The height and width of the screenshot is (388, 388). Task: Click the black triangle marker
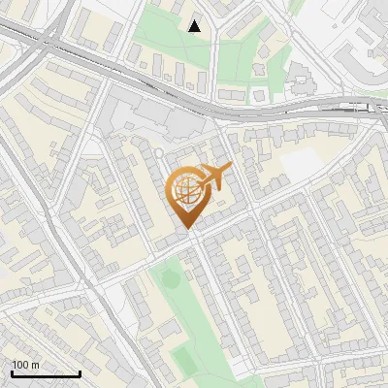coord(195,26)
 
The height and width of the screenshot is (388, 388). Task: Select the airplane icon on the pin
coord(215,177)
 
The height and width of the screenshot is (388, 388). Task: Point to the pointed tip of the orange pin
coord(188,229)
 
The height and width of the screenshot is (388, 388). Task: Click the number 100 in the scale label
coord(21,365)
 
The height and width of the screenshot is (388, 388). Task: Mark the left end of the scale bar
coord(12,373)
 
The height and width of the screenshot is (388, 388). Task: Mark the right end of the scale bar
coord(80,373)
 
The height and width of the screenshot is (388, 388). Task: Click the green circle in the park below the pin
coord(171,279)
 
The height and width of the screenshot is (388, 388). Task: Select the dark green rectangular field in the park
coord(183,360)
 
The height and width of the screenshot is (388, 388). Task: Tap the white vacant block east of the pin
coord(301,166)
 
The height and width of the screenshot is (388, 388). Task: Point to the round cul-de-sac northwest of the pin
coord(161,152)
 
